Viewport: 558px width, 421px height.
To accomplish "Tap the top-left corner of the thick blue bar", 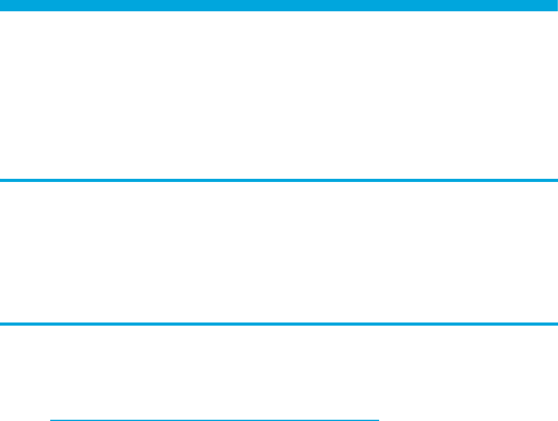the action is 0,0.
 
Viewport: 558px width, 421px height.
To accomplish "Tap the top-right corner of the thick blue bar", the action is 557,0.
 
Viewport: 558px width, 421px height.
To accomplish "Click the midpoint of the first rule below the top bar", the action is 279,181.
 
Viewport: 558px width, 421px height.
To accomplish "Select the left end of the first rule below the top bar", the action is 0,181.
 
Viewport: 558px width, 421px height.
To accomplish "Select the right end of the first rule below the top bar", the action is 557,181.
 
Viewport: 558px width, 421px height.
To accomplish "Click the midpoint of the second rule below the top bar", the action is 279,324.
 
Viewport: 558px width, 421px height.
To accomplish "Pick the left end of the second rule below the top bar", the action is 0,324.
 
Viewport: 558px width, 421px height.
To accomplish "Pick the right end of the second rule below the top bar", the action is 557,324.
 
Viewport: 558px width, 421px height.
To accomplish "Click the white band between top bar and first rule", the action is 279,94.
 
